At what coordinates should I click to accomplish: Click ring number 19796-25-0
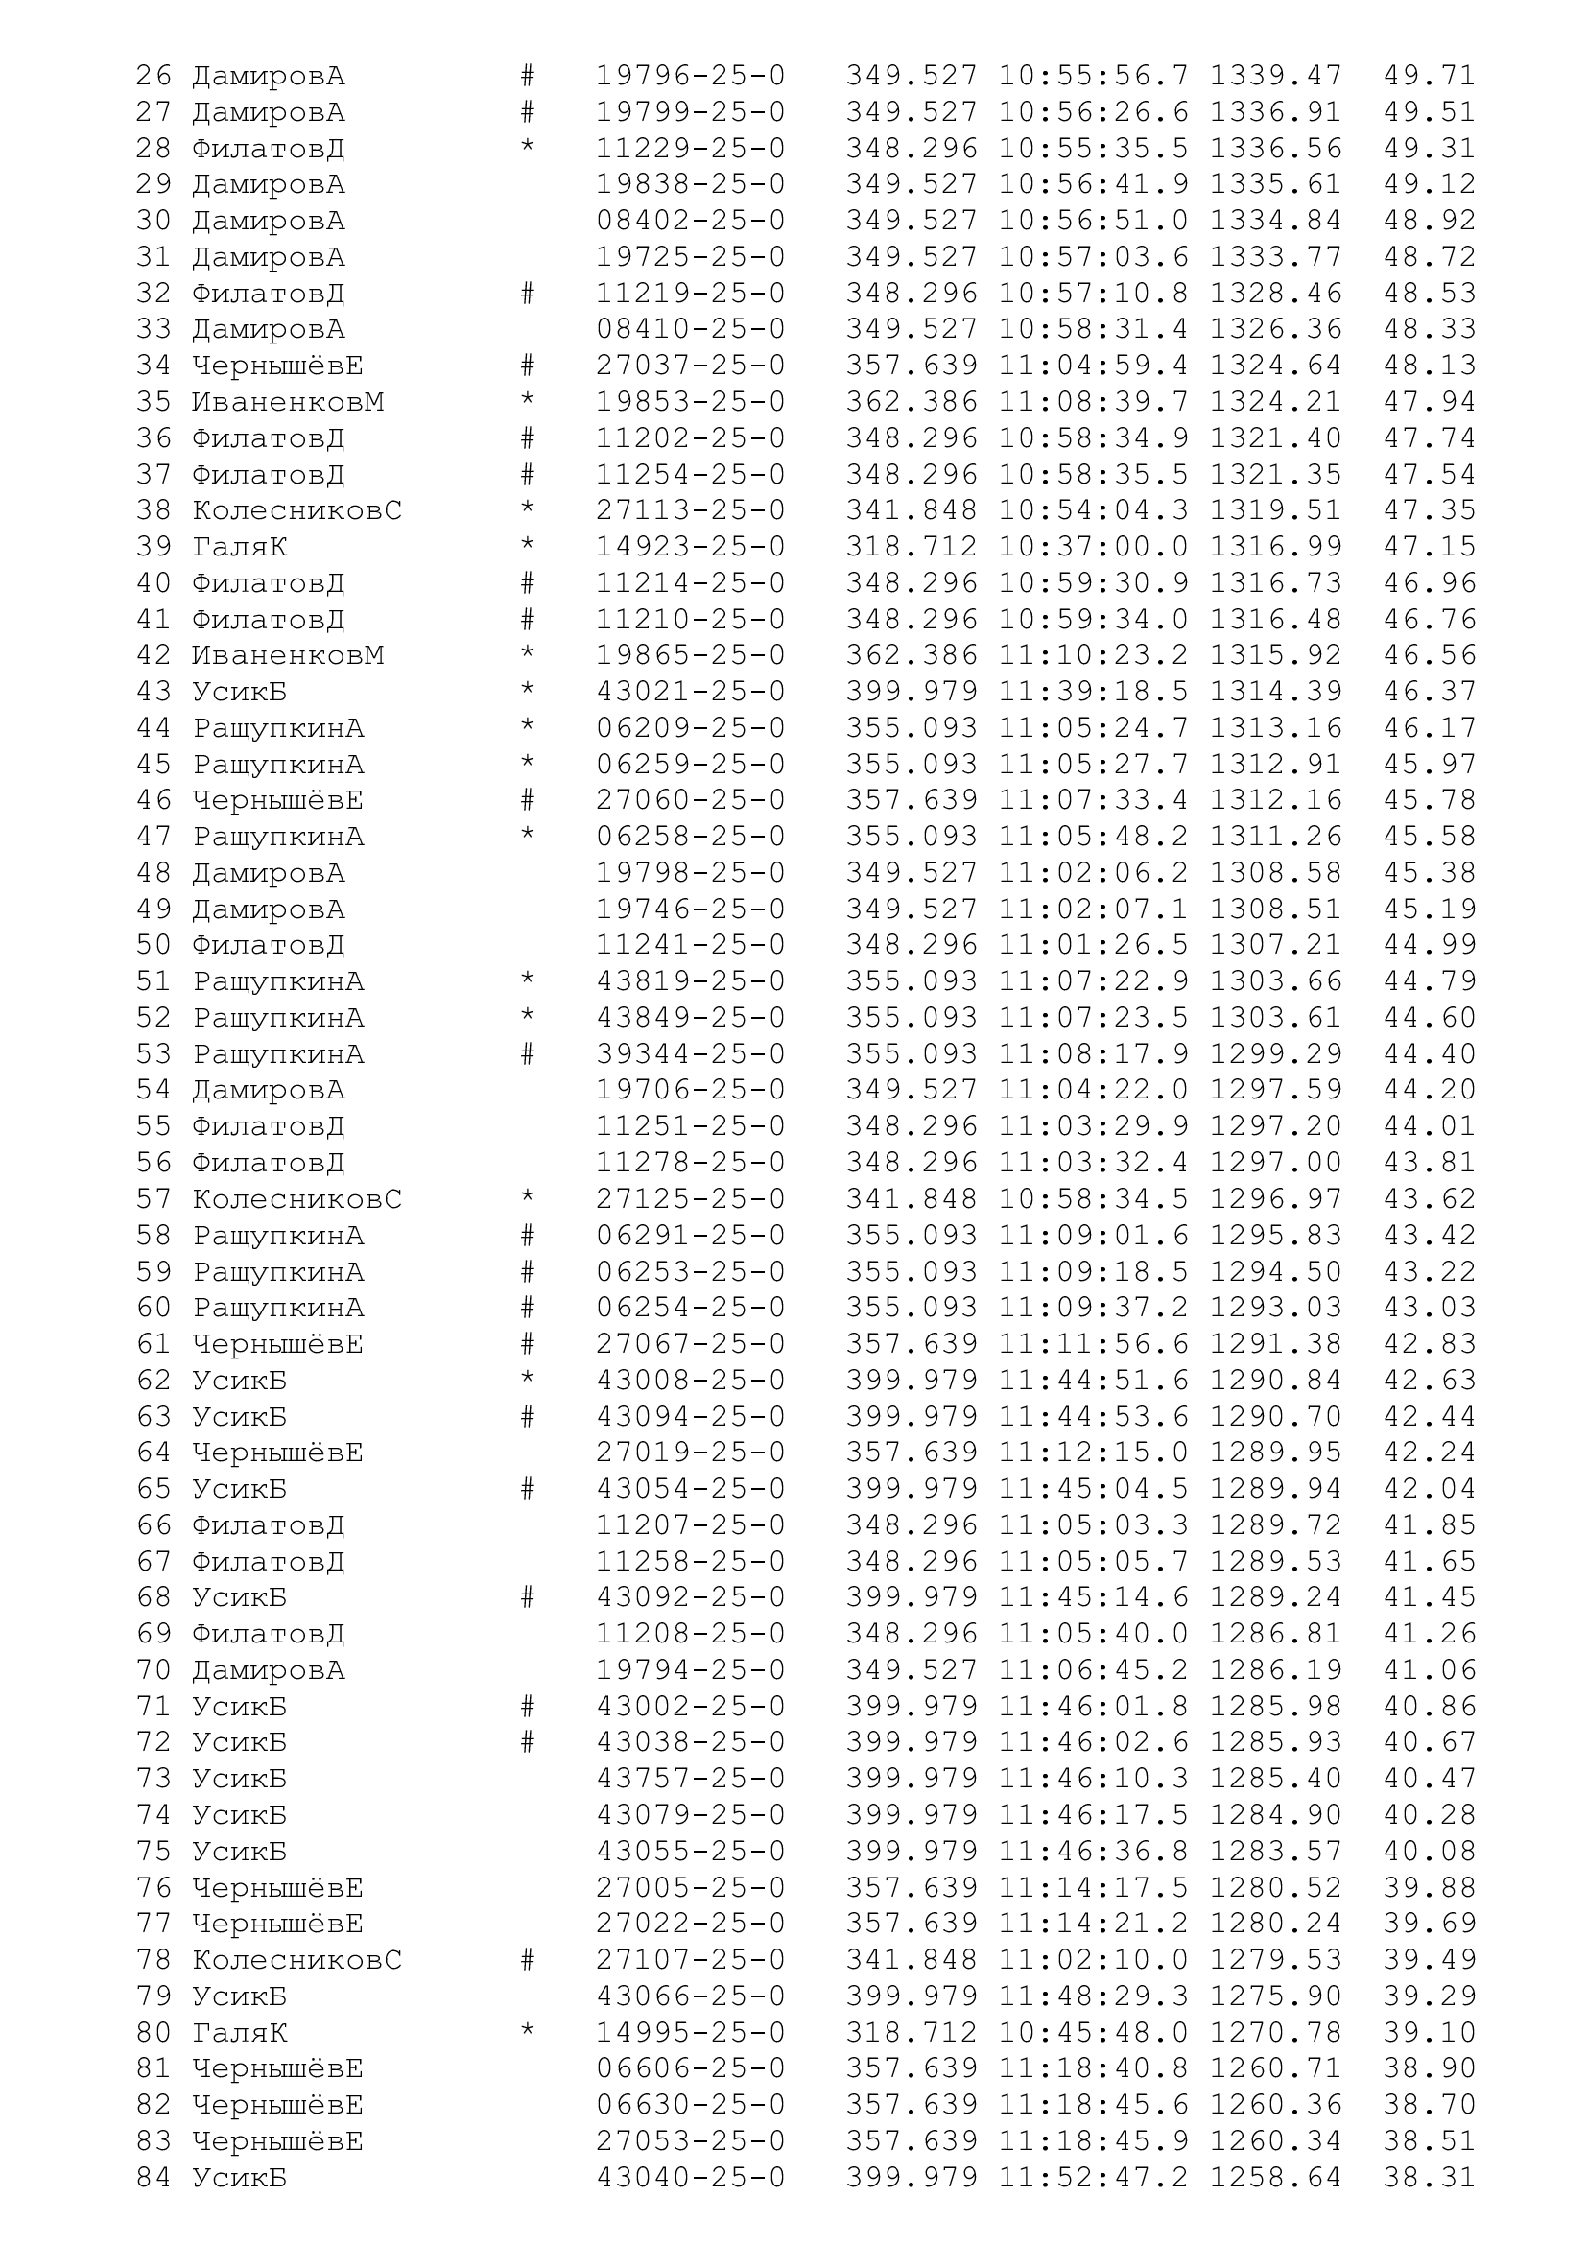click(x=690, y=76)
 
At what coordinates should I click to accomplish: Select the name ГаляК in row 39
click(x=240, y=547)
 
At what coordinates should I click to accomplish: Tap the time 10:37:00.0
click(x=1093, y=547)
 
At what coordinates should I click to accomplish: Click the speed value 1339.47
click(x=1275, y=76)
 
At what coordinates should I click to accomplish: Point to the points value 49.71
click(x=1429, y=76)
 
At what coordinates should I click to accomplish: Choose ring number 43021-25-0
click(x=690, y=692)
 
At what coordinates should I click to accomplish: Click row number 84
click(x=154, y=2178)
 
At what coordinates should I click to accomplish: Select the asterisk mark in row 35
click(x=528, y=402)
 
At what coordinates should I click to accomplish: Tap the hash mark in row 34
click(x=528, y=366)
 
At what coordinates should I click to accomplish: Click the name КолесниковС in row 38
click(x=297, y=511)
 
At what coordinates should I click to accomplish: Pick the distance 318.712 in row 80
click(x=911, y=2033)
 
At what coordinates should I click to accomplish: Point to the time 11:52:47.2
click(x=1093, y=2178)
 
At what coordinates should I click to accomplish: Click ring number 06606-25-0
click(x=690, y=2069)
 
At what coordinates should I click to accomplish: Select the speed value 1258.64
click(x=1275, y=2178)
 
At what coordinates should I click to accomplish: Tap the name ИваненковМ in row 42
click(x=287, y=656)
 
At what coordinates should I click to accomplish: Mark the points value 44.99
click(x=1429, y=945)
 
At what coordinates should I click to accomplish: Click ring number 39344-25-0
click(x=690, y=1054)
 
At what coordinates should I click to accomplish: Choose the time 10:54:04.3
click(x=1093, y=511)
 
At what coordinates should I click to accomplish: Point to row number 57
click(x=154, y=1199)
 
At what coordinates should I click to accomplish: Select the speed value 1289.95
click(x=1275, y=1453)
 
